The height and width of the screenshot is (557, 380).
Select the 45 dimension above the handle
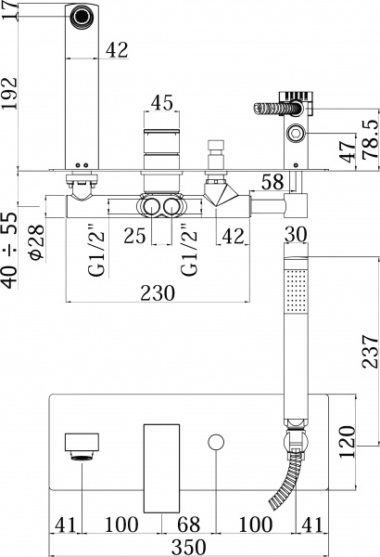pyautogui.click(x=161, y=103)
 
